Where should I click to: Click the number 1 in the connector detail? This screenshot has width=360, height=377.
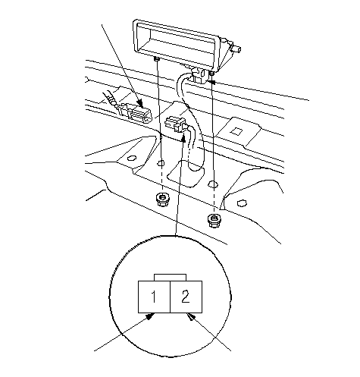pyautogui.click(x=154, y=297)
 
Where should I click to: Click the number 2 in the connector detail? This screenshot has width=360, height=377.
pyautogui.click(x=186, y=297)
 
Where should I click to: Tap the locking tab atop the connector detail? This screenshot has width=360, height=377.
pyautogui.click(x=170, y=277)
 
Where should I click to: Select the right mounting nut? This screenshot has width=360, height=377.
pyautogui.click(x=214, y=221)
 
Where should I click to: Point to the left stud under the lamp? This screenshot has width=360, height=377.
pyautogui.click(x=157, y=59)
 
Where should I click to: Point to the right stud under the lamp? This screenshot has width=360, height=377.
pyautogui.click(x=212, y=73)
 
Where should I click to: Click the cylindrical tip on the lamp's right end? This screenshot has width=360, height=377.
pyautogui.click(x=237, y=49)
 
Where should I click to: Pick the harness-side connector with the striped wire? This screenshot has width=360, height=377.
pyautogui.click(x=136, y=112)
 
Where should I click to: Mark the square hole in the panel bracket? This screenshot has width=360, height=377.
pyautogui.click(x=237, y=131)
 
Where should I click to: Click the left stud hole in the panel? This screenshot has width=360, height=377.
pyautogui.click(x=161, y=163)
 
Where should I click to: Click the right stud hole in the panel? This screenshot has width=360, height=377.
pyautogui.click(x=213, y=184)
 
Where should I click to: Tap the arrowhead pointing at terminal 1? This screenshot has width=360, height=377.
pyautogui.click(x=151, y=316)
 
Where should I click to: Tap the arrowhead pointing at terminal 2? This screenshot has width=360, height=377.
pyautogui.click(x=191, y=316)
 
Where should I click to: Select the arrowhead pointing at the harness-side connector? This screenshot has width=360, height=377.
pyautogui.click(x=140, y=104)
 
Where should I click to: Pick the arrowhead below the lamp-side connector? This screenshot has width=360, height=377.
pyautogui.click(x=183, y=138)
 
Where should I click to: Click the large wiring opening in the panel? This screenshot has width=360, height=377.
pyautogui.click(x=186, y=173)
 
